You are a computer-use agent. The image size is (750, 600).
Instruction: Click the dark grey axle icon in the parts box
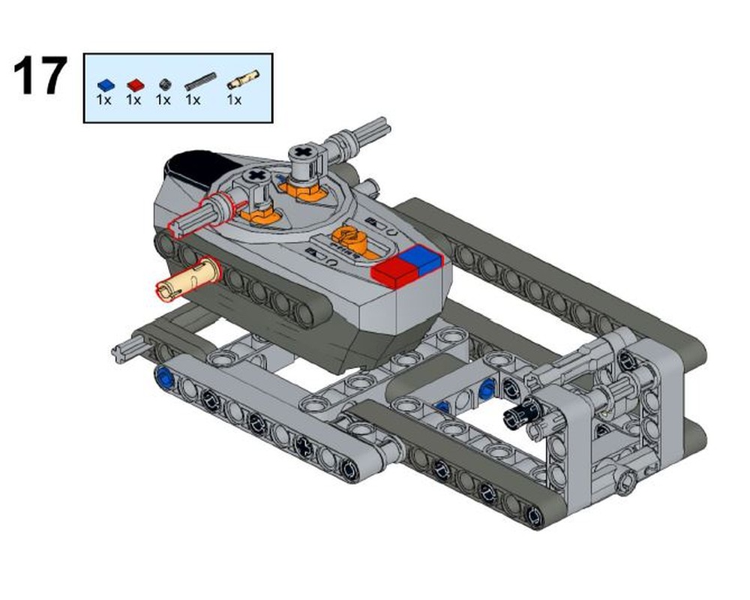(x=199, y=81)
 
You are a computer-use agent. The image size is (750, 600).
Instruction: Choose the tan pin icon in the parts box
(x=243, y=78)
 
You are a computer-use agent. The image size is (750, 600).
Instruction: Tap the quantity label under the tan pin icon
(x=234, y=100)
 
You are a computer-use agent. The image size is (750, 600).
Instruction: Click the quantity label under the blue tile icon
(x=103, y=100)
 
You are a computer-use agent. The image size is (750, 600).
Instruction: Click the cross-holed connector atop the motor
(x=303, y=157)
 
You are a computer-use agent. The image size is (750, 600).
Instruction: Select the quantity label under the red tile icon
(x=133, y=100)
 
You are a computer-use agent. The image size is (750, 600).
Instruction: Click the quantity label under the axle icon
(x=193, y=100)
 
